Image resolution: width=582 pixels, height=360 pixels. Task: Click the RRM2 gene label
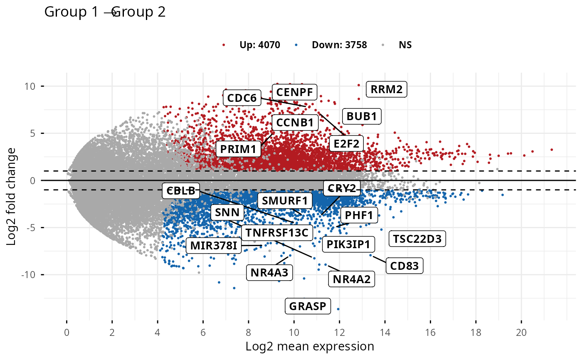coord(386,89)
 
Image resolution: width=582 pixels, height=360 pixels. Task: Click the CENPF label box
coord(295,91)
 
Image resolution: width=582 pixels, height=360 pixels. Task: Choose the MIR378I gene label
coord(214,246)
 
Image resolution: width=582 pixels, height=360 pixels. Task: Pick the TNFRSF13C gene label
coord(276,232)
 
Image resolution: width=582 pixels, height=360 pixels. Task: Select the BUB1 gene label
coord(361,116)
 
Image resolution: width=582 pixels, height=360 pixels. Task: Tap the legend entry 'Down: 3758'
coord(339,45)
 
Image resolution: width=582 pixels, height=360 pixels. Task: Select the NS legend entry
coord(405,45)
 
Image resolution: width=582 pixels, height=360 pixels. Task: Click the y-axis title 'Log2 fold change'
coord(12,196)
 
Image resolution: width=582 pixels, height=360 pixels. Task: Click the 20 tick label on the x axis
coord(521,333)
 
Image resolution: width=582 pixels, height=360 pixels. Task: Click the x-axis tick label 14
coord(385,333)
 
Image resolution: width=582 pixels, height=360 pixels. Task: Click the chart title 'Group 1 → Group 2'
coord(105,12)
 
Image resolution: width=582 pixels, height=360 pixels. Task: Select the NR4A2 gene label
coord(351,279)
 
